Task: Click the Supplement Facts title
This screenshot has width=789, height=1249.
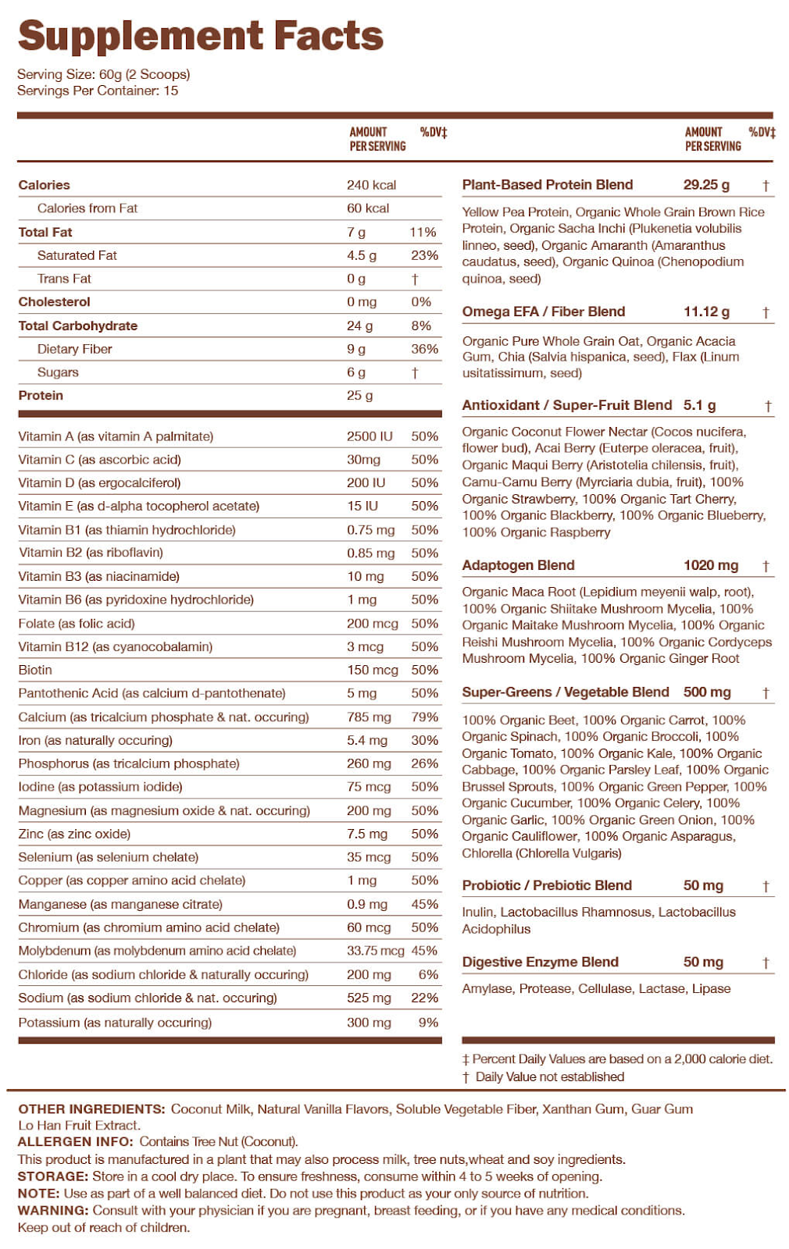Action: pyautogui.click(x=201, y=36)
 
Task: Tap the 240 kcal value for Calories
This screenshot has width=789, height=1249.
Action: pyautogui.click(x=371, y=185)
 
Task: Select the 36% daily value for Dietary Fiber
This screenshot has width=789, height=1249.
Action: pyautogui.click(x=424, y=349)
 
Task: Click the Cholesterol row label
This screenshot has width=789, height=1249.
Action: pyautogui.click(x=54, y=302)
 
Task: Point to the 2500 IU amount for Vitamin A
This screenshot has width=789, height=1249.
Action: pyautogui.click(x=370, y=436)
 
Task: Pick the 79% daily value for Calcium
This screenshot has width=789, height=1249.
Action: pyautogui.click(x=424, y=717)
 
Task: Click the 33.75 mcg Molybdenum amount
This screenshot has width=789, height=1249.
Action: pyautogui.click(x=375, y=951)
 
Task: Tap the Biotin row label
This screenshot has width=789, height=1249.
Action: pyautogui.click(x=35, y=670)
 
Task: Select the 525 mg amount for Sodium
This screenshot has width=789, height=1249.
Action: pyautogui.click(x=369, y=998)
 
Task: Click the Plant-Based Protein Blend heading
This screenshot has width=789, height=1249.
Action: pyautogui.click(x=547, y=185)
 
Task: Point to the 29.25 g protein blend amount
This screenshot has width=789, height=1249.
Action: pyautogui.click(x=706, y=185)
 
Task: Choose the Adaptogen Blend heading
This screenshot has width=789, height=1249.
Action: pyautogui.click(x=518, y=565)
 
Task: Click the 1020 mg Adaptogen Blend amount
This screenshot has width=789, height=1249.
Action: pyautogui.click(x=710, y=565)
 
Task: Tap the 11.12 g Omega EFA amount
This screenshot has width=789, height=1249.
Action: pyautogui.click(x=706, y=311)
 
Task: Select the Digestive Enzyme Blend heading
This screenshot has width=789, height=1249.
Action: pyautogui.click(x=540, y=962)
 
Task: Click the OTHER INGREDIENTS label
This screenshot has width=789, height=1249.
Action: pyautogui.click(x=91, y=1108)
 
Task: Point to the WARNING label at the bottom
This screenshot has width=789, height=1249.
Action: pyautogui.click(x=53, y=1211)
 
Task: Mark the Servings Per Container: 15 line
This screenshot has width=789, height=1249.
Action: pyautogui.click(x=98, y=91)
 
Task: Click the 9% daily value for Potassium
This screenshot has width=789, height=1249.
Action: pyautogui.click(x=428, y=1022)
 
